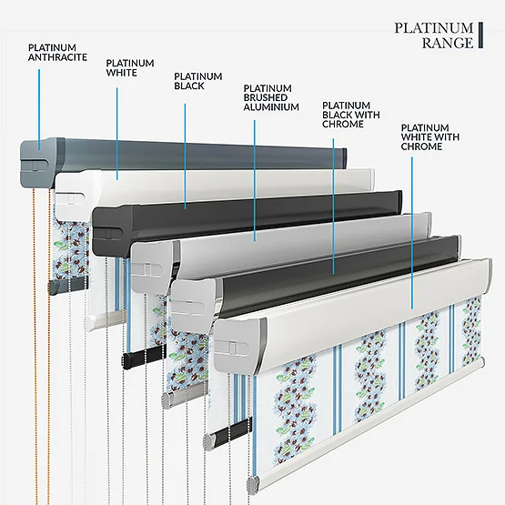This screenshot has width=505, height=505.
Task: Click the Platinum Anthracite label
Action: [x=57, y=52]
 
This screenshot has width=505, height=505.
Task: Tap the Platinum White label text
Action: [x=130, y=67]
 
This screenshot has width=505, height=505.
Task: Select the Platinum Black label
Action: [x=198, y=81]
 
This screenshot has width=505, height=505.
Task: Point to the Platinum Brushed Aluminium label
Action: [x=271, y=97]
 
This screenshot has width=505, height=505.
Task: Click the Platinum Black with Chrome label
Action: [x=350, y=115]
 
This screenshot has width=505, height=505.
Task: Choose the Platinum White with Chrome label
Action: [x=430, y=136]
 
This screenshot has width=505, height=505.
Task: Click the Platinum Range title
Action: [x=434, y=35]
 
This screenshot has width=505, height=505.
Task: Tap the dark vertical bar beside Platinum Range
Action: [x=480, y=35]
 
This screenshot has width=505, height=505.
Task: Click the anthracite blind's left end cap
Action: [x=38, y=163]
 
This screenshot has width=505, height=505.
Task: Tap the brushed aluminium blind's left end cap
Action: [x=151, y=266]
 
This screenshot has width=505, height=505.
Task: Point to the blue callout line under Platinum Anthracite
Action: [x=39, y=110]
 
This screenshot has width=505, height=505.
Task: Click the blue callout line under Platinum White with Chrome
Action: [x=412, y=233]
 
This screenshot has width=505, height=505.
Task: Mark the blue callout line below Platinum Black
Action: [x=185, y=157]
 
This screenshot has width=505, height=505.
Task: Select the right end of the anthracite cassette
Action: [x=344, y=158]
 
